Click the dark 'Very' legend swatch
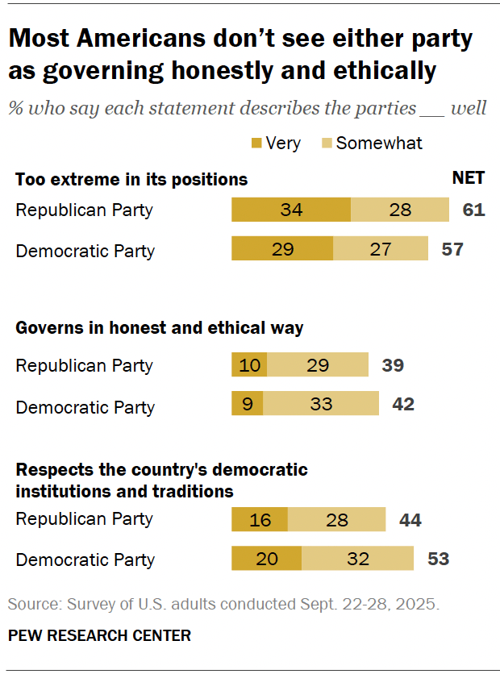coord(257,144)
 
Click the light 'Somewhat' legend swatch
coord(327,144)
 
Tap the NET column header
coord(468,179)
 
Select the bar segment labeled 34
coord(290,210)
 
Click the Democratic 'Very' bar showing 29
coord(281,249)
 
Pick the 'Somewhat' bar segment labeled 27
coord(380,249)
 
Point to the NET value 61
coord(473,210)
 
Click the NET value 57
coord(452,249)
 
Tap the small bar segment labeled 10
coord(249,364)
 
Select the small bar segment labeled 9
coord(247,404)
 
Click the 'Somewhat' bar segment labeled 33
coord(320,404)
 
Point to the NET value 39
coord(392,364)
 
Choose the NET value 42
coord(402,404)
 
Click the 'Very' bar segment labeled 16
coord(259,520)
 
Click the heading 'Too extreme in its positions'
coord(131,179)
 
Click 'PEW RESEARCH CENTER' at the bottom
coord(99,635)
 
